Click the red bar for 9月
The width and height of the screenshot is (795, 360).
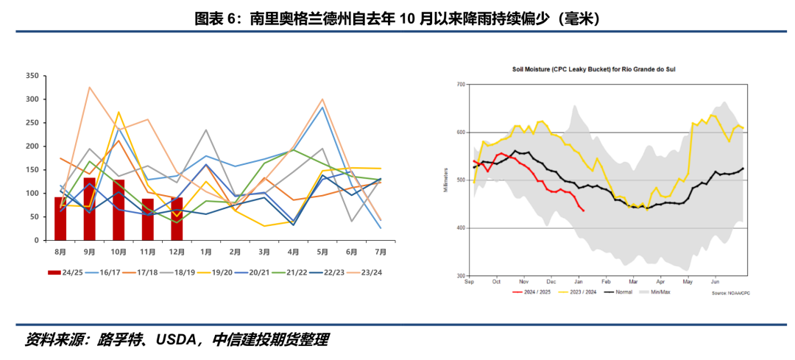click(89, 209)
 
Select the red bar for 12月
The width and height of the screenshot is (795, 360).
click(177, 219)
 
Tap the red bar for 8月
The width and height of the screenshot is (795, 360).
click(60, 219)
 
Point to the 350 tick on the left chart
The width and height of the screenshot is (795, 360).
click(32, 76)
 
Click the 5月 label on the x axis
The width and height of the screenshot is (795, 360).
click(322, 252)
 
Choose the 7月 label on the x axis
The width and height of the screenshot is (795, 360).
click(381, 252)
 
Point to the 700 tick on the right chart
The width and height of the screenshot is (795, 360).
click(461, 85)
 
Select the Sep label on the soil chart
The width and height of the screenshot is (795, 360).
click(469, 282)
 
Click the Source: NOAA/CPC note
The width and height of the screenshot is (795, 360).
click(731, 293)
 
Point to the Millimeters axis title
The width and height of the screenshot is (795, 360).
click(446, 180)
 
